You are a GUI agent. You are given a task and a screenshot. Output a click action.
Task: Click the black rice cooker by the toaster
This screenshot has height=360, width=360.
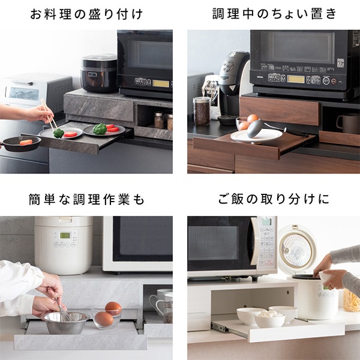click(98, 73)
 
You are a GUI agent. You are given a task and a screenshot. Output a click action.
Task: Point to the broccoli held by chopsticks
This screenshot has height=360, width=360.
click(58, 133)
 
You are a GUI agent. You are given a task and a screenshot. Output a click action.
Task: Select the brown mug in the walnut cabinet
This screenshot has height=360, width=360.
click(346, 123)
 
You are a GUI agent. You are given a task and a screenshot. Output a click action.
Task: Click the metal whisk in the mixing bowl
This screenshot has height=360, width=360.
click(64, 313)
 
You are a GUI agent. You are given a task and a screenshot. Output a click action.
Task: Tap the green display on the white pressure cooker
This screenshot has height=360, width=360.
click(65, 235)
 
